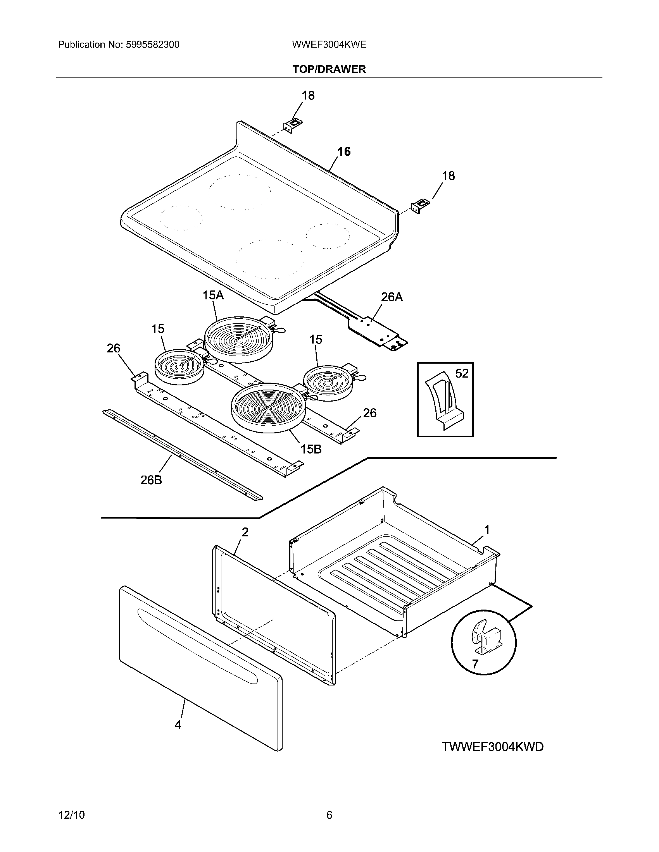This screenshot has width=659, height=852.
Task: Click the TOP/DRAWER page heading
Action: pyautogui.click(x=329, y=69)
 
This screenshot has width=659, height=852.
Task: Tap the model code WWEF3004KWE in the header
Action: pyautogui.click(x=329, y=45)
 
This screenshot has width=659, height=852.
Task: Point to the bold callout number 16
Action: pyautogui.click(x=344, y=151)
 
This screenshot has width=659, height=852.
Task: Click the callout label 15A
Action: pyautogui.click(x=213, y=295)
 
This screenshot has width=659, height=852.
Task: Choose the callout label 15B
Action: pyautogui.click(x=311, y=449)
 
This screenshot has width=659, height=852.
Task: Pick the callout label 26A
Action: pyautogui.click(x=392, y=297)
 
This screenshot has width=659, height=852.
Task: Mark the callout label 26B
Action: pyautogui.click(x=151, y=480)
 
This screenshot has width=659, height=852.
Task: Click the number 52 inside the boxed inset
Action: pyautogui.click(x=462, y=373)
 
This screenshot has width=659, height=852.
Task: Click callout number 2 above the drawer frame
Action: pyautogui.click(x=245, y=532)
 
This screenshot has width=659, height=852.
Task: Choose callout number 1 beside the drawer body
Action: pyautogui.click(x=487, y=530)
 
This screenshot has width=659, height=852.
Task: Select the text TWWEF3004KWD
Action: pyautogui.click(x=492, y=747)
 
